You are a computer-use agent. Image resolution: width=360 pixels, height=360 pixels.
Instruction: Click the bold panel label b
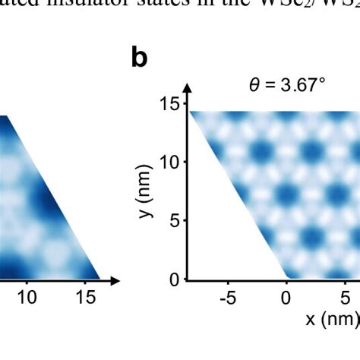[x=139, y=58]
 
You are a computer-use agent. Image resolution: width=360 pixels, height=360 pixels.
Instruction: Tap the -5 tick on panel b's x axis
[x=228, y=298]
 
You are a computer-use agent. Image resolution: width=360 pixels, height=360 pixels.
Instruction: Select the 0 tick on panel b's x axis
[x=286, y=298]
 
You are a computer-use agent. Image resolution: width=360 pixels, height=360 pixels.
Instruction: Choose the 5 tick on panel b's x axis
[x=345, y=298]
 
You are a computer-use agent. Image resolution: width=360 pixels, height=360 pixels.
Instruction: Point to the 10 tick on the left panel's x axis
[x=27, y=298]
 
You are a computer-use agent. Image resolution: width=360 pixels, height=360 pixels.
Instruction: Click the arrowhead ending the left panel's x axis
[x=115, y=280]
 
